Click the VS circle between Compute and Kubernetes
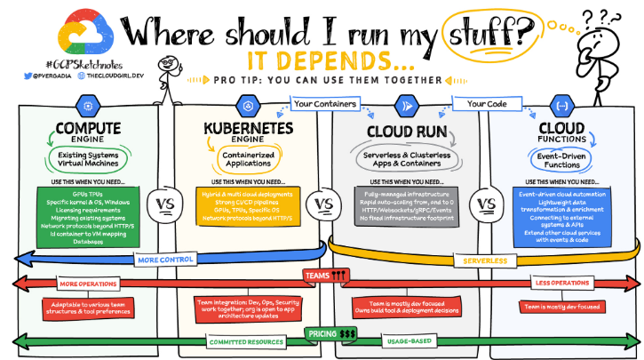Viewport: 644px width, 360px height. [164, 203]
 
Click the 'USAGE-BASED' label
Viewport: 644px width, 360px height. [407, 341]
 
